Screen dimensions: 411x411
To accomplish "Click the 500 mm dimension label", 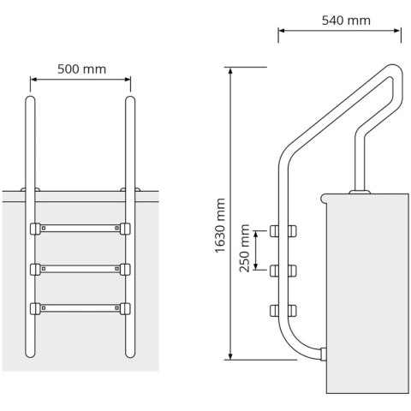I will click(x=81, y=69).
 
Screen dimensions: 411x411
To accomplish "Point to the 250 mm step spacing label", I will click(x=246, y=248).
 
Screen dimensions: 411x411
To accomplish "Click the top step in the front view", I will click(x=81, y=229).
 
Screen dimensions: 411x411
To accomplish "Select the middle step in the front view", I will click(x=81, y=268).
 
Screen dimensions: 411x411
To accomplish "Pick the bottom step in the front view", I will click(x=81, y=307).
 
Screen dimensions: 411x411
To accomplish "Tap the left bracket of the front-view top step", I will click(x=35, y=229).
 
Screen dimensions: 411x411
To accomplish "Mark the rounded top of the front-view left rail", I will click(x=32, y=100).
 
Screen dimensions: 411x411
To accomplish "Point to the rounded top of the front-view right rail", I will click(x=131, y=100).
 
